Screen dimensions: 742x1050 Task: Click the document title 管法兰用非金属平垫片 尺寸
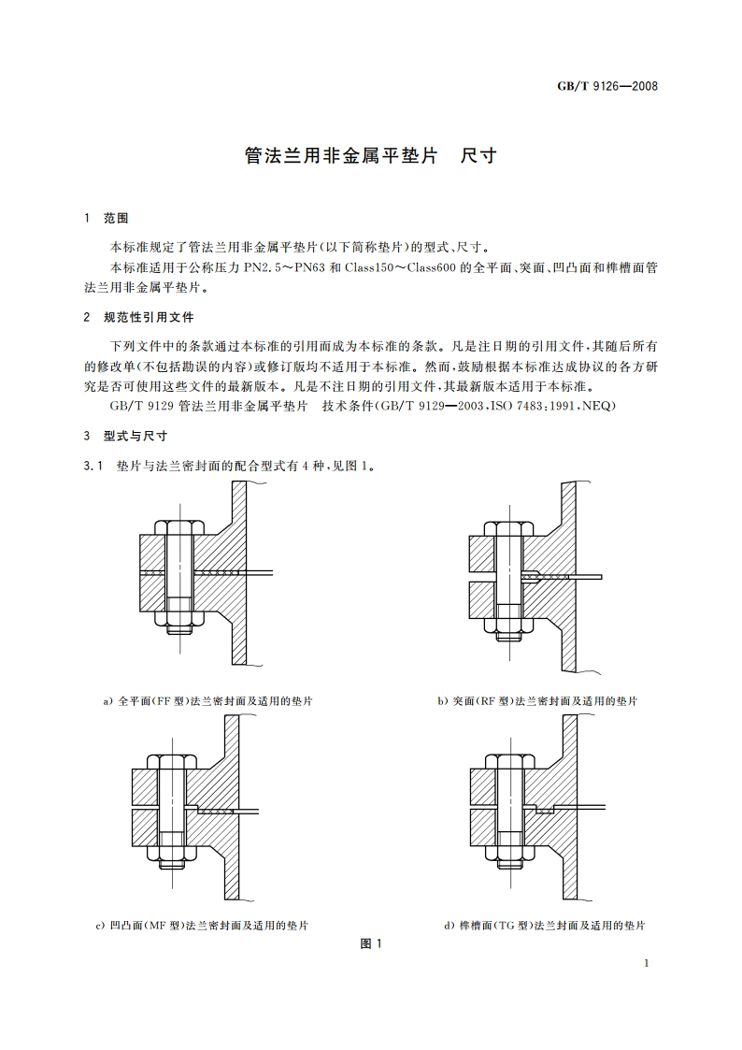pyautogui.click(x=370, y=156)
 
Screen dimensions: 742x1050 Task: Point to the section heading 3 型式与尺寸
pyautogui.click(x=125, y=436)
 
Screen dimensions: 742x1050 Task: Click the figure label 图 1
pyautogui.click(x=371, y=944)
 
